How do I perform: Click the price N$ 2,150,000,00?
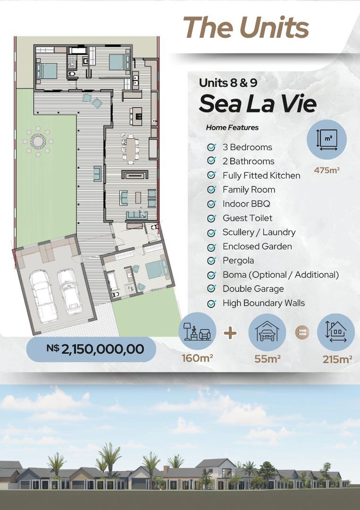[95, 349]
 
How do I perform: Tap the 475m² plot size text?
[327, 170]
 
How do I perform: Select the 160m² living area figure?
[197, 358]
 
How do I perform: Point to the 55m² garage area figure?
[268, 359]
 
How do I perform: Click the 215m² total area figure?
[337, 359]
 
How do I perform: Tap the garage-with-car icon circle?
[267, 332]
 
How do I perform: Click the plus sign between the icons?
[230, 333]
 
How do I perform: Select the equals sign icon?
[302, 332]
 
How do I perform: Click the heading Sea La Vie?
[258, 104]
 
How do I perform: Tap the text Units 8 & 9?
[228, 83]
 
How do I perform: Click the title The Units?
[246, 27]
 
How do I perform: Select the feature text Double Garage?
[253, 289]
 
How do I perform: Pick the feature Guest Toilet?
[248, 218]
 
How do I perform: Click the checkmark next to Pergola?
[211, 261]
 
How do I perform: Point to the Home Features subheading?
[232, 127]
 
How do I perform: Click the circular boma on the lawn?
[38, 142]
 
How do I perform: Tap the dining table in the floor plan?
[131, 150]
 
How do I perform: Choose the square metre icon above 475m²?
[327, 139]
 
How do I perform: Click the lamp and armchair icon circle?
[197, 331]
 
